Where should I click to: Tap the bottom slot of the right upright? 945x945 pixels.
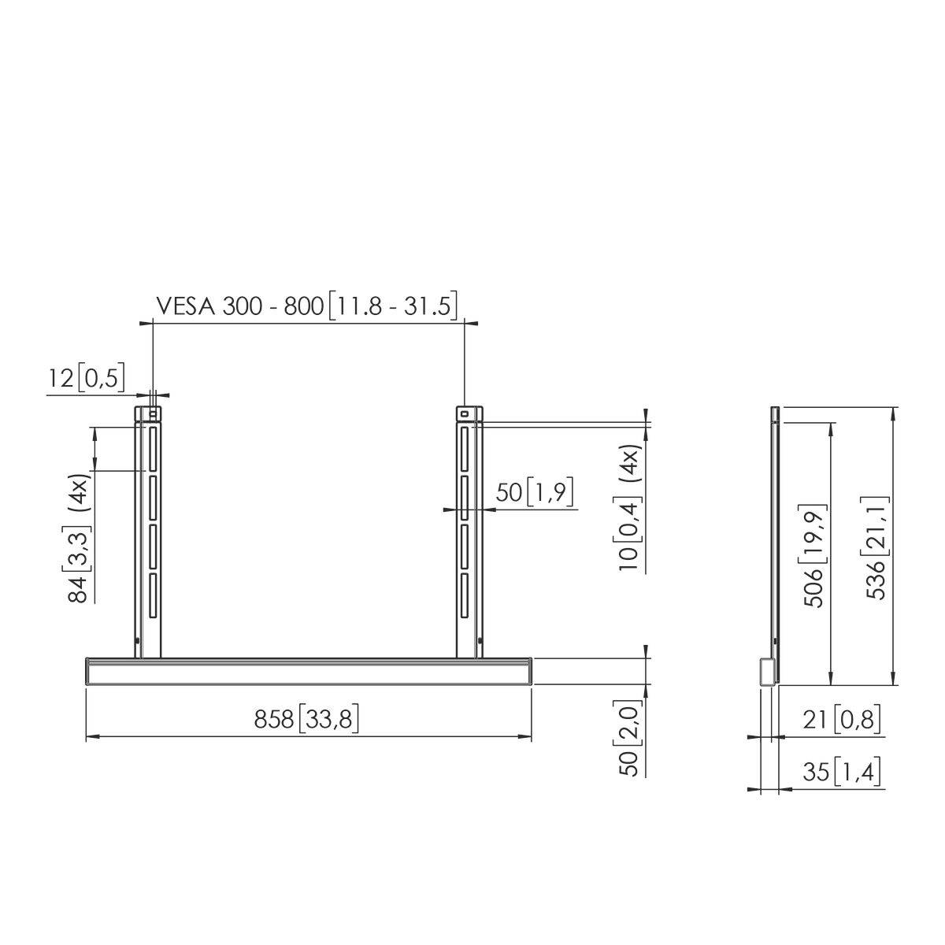(465, 596)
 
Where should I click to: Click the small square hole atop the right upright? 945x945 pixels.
(465, 413)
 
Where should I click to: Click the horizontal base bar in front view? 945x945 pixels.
(308, 672)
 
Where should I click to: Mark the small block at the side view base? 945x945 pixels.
(765, 671)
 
